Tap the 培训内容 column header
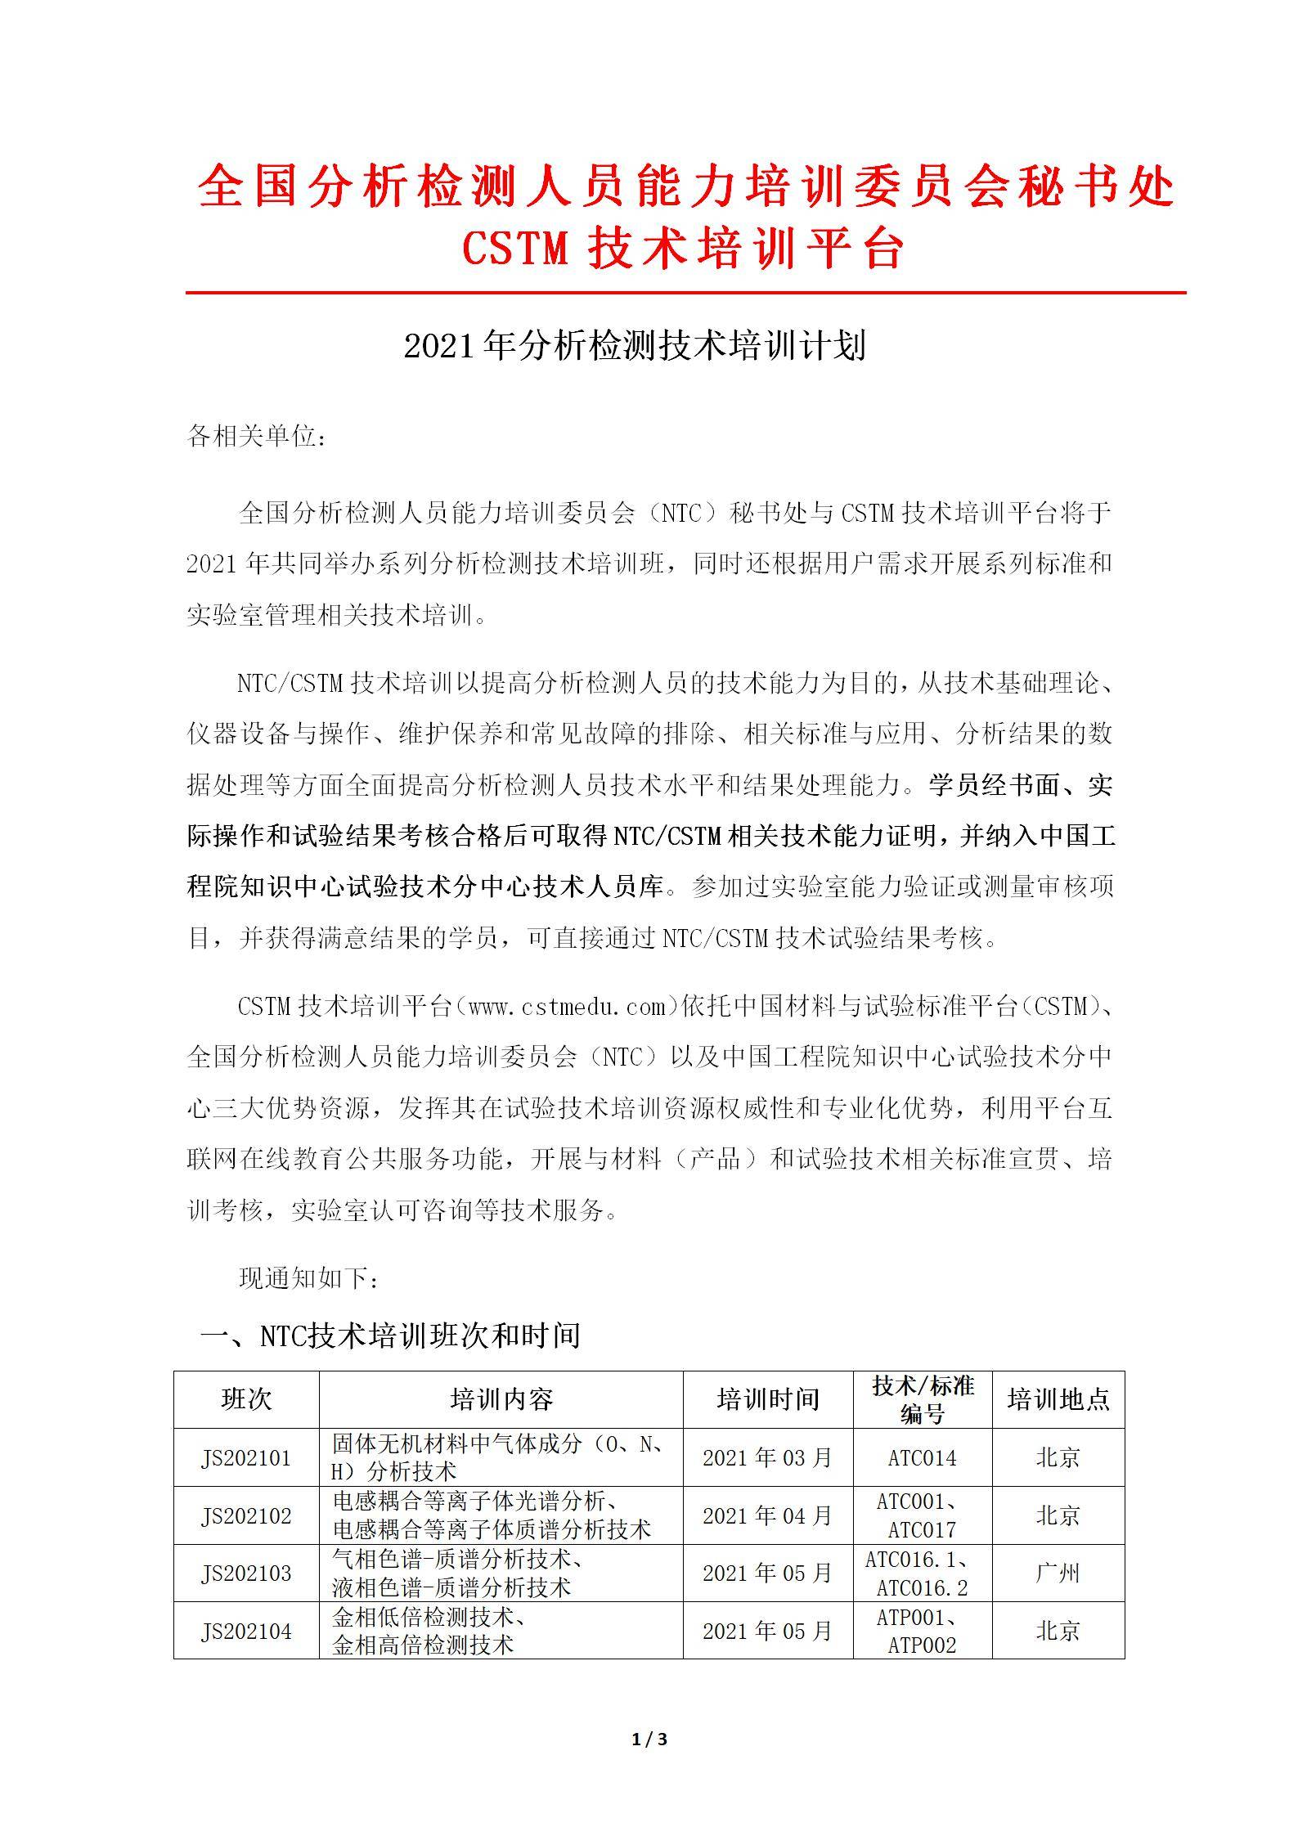(501, 1399)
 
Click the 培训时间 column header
(767, 1399)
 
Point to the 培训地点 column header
(1058, 1399)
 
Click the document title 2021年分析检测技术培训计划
(635, 347)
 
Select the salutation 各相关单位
(257, 438)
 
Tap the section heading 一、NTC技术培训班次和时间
(390, 1335)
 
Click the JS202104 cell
(246, 1631)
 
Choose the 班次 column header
(246, 1399)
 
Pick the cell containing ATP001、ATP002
(922, 1631)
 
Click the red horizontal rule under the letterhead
(685, 292)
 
